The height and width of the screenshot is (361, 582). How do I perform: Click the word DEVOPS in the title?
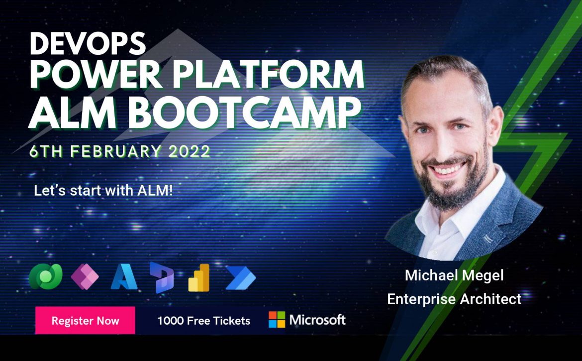88,43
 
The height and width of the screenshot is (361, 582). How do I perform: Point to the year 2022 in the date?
190,151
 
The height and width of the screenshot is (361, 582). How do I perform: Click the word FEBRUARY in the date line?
116,151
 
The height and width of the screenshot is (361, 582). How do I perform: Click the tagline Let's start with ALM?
103,191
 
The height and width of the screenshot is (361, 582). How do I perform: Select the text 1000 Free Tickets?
204,321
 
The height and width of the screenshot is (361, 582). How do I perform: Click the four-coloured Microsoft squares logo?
277,320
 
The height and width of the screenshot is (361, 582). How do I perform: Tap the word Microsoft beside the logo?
317,320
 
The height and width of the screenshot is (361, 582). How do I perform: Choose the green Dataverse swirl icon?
46,276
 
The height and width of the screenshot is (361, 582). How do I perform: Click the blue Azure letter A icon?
124,276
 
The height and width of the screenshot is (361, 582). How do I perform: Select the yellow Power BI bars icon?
199,278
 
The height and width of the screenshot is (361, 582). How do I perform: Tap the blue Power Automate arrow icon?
241,277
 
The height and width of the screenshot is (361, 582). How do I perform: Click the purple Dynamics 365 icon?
162,277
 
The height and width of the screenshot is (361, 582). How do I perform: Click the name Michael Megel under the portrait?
454,275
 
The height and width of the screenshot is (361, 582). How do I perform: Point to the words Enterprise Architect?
454,299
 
